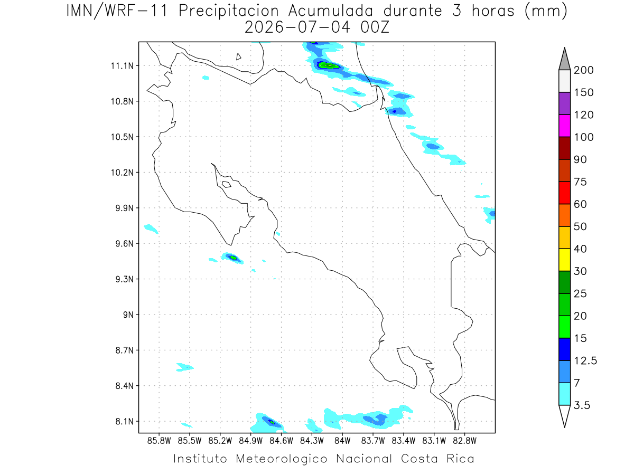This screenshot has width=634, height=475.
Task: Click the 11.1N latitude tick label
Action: [x=122, y=66]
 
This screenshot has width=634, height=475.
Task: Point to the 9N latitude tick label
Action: [x=128, y=315]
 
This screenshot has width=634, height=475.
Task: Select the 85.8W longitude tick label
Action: [x=159, y=441]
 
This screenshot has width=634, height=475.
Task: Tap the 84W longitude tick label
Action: [x=342, y=441]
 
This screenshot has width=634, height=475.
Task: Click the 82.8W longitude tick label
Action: [x=464, y=441]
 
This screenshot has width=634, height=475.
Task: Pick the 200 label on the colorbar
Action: [x=583, y=70]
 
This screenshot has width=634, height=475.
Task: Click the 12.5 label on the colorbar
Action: [x=585, y=361]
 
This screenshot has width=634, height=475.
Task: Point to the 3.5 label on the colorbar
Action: [x=582, y=405]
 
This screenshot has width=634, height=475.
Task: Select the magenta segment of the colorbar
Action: [x=564, y=126]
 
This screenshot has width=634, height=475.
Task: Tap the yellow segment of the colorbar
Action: [x=564, y=260]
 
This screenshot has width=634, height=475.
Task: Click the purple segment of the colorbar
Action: [x=564, y=103]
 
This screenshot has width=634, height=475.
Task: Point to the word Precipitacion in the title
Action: [x=228, y=11]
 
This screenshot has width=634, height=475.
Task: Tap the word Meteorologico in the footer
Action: [x=281, y=459]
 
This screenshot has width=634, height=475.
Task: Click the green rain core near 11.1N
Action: [x=329, y=66]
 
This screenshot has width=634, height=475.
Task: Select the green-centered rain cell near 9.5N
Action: [x=232, y=258]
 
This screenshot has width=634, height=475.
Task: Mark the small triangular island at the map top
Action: [x=238, y=56]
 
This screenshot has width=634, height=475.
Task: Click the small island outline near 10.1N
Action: [x=227, y=184]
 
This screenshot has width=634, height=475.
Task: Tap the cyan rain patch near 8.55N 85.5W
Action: [x=184, y=367]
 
